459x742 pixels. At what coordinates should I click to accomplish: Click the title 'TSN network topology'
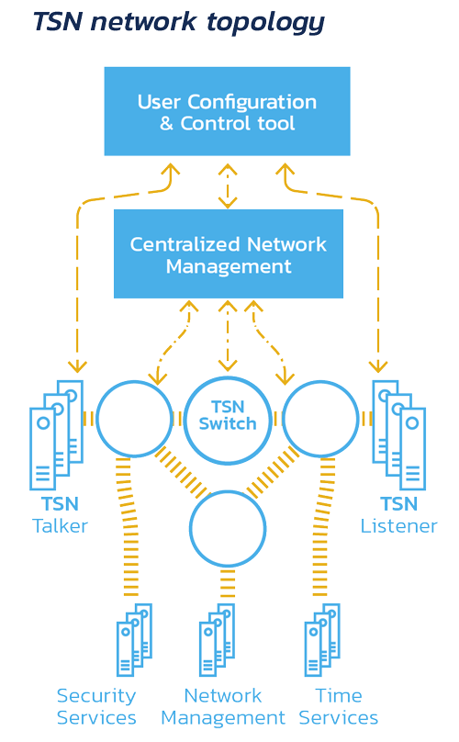178,22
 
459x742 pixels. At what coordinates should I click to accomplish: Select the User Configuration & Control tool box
227,111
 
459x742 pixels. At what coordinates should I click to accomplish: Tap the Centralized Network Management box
228,254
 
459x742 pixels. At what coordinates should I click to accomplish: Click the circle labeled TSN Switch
228,419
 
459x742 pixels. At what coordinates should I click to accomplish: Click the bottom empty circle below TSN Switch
228,528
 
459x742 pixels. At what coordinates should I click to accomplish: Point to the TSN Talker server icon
56,434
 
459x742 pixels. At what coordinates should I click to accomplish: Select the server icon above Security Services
134,639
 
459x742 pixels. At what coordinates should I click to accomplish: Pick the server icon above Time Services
322,639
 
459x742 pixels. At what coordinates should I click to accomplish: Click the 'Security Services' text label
96,706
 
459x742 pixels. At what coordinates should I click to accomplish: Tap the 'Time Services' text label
338,706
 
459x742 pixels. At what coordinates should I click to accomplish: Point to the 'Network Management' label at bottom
223,706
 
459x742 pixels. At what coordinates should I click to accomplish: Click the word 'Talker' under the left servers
60,526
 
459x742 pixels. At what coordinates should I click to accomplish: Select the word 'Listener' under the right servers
398,526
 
